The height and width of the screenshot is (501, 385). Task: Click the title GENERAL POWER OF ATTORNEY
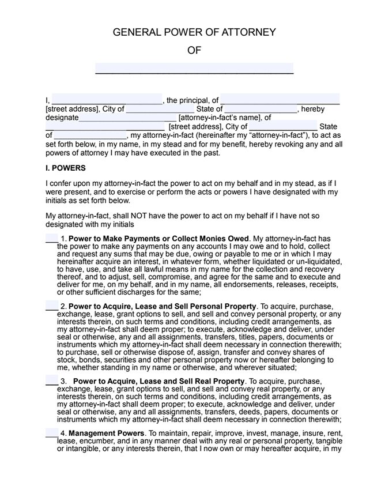click(x=194, y=32)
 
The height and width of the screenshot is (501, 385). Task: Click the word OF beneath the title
click(x=194, y=50)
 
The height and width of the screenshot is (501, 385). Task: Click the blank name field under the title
click(x=194, y=68)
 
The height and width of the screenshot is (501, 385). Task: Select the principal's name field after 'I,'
click(x=108, y=99)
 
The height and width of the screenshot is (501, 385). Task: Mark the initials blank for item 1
click(x=51, y=238)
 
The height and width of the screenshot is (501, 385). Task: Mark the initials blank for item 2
click(x=51, y=306)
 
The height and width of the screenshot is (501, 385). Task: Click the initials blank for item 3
click(x=51, y=382)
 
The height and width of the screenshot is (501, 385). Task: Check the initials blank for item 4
click(x=51, y=432)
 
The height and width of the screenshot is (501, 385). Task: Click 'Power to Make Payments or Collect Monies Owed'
click(x=159, y=239)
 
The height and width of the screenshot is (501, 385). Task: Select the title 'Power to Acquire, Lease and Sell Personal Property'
click(x=163, y=306)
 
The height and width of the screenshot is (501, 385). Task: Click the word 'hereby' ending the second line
click(x=313, y=109)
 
